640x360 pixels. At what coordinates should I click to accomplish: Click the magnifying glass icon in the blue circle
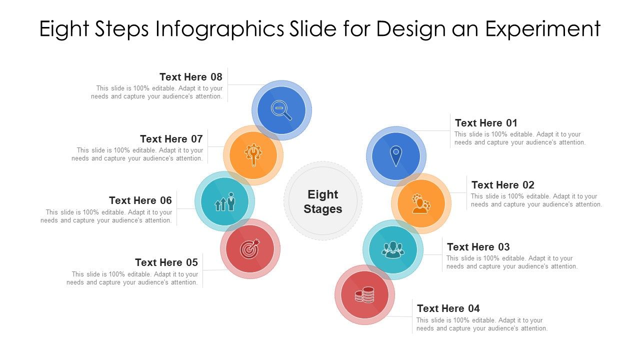281,110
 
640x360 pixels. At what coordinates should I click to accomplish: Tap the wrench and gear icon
253,155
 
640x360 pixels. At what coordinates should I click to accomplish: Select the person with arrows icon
225,201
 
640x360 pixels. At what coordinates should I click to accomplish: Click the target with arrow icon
250,248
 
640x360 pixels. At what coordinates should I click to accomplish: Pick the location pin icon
395,156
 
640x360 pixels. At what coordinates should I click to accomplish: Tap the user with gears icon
420,203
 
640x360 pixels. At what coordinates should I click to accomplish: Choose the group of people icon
392,249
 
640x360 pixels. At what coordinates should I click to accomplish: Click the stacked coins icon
365,294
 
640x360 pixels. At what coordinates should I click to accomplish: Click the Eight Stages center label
323,201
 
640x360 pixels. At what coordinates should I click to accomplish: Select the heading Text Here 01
486,123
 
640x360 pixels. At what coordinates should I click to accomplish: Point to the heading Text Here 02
503,185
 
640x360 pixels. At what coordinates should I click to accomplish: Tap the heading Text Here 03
478,247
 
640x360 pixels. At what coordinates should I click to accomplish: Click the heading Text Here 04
448,308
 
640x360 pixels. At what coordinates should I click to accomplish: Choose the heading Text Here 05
166,262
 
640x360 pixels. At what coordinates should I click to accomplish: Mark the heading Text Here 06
140,200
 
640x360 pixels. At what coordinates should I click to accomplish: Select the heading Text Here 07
171,139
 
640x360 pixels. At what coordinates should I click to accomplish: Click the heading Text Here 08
191,77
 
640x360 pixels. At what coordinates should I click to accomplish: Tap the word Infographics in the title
219,29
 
